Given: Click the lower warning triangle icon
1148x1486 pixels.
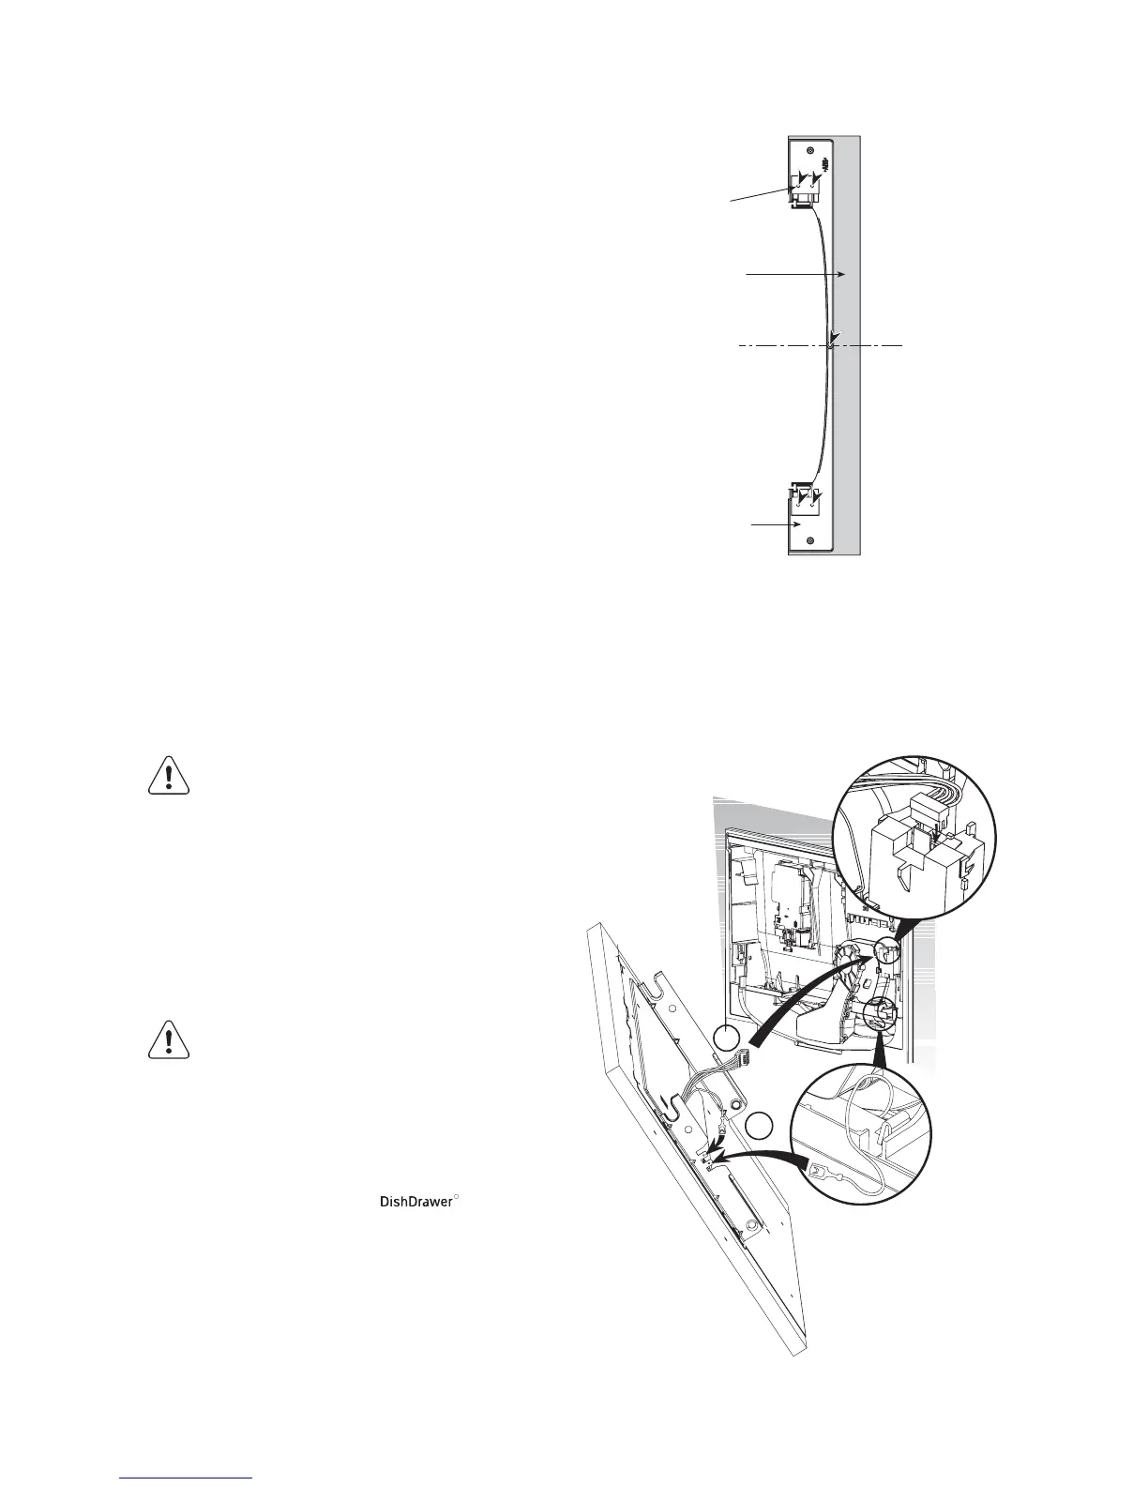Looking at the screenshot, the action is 169,1039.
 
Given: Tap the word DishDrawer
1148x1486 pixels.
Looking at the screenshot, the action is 415,1202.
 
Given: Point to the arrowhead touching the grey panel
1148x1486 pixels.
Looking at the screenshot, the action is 843,274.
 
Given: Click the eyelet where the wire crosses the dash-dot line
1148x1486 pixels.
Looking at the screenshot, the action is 831,346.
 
